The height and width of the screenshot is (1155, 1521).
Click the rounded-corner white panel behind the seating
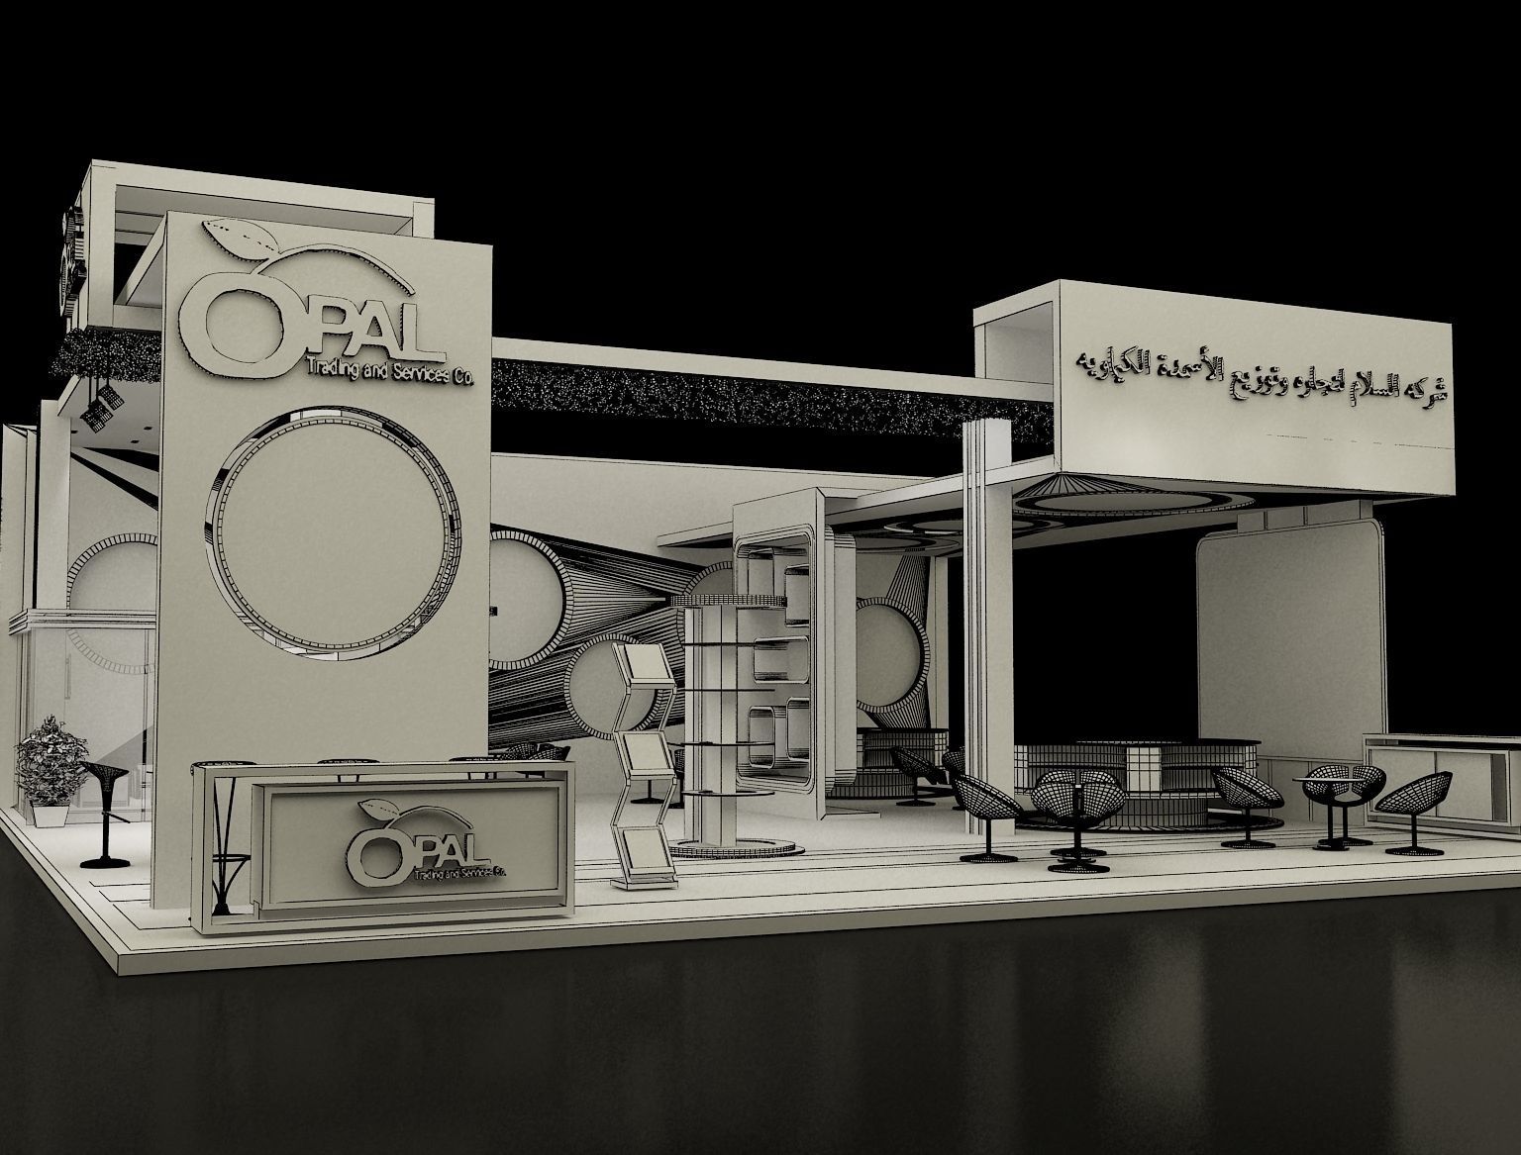click(x=1287, y=633)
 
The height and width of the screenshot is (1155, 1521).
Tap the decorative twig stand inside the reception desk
click(x=224, y=841)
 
